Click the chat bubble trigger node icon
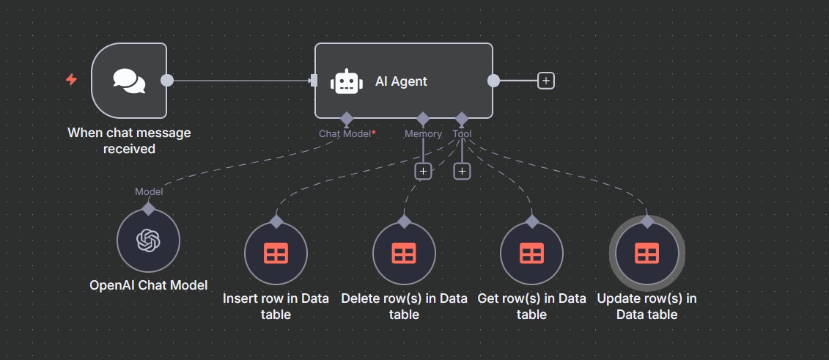point(129,80)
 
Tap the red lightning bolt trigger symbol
point(71,79)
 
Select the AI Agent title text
point(401,81)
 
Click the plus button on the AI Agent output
point(545,81)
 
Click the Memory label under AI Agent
point(423,134)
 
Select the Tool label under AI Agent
point(462,134)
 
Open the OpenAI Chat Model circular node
point(148,240)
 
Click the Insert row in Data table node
point(276,254)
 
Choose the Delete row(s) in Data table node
point(404,254)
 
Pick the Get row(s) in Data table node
point(531,254)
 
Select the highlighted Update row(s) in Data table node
point(646,254)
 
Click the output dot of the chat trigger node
point(167,80)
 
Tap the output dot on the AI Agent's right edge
point(493,80)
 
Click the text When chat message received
point(129,141)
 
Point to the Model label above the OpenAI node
point(149,191)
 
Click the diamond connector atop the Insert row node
point(276,221)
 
